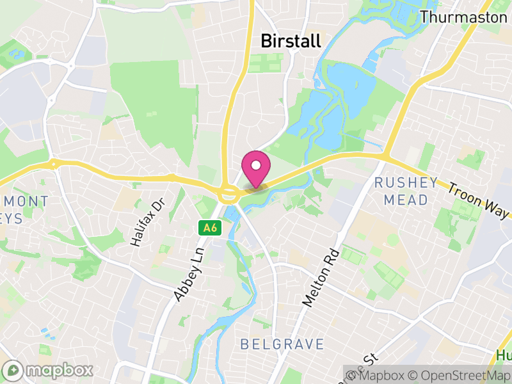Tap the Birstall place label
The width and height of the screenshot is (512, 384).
pos(291,41)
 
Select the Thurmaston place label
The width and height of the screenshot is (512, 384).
pos(463,17)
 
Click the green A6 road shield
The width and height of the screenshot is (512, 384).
pos(209,227)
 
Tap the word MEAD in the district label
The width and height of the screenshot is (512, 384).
pos(406,200)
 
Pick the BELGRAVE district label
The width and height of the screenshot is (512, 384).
pos(282,344)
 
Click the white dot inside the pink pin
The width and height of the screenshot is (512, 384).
pos(256,165)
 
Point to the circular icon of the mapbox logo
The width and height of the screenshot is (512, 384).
pos(13,371)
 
